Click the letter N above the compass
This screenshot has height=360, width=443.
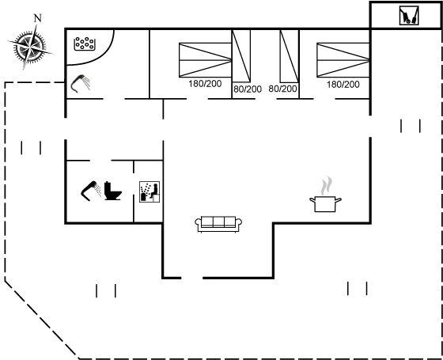click(x=38, y=18)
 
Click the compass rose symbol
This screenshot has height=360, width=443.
click(x=30, y=47)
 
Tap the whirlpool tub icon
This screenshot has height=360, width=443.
click(x=84, y=44)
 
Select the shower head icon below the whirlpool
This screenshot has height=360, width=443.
click(x=80, y=83)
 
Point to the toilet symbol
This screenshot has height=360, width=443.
click(x=112, y=191)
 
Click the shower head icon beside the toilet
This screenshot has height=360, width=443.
click(x=91, y=191)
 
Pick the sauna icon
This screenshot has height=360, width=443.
click(x=150, y=191)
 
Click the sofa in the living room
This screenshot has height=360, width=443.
click(x=218, y=225)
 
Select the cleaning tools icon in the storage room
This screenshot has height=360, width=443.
click(x=409, y=16)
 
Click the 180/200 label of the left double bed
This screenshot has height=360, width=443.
click(x=205, y=84)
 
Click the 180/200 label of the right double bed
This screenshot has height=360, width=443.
click(x=343, y=84)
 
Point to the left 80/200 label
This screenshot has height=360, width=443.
click(x=248, y=89)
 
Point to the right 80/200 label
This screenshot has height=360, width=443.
click(x=282, y=89)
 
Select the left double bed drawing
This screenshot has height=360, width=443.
click(x=206, y=60)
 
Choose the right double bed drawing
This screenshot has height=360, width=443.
click(x=343, y=60)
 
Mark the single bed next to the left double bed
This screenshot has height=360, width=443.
click(x=241, y=56)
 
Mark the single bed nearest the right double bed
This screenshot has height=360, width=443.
click(x=290, y=56)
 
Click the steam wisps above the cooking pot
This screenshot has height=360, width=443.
click(x=326, y=185)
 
